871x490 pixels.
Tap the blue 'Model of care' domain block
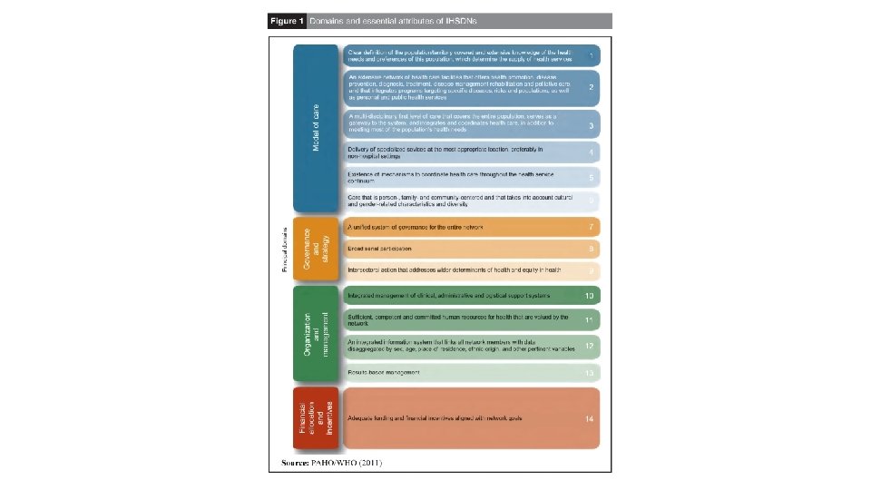click(316, 129)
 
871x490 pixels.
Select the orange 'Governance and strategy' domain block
click(314, 248)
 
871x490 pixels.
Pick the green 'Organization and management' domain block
click(314, 334)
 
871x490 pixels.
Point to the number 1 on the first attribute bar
click(591, 56)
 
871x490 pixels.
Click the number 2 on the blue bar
click(591, 87)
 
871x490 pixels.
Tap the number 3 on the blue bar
click(591, 124)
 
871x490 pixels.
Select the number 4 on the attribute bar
click(591, 152)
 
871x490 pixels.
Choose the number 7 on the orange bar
click(591, 225)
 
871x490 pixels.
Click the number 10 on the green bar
click(590, 296)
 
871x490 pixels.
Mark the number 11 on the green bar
click(590, 320)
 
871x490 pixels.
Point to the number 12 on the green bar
click(590, 347)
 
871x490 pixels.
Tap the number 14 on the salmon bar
click(590, 417)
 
